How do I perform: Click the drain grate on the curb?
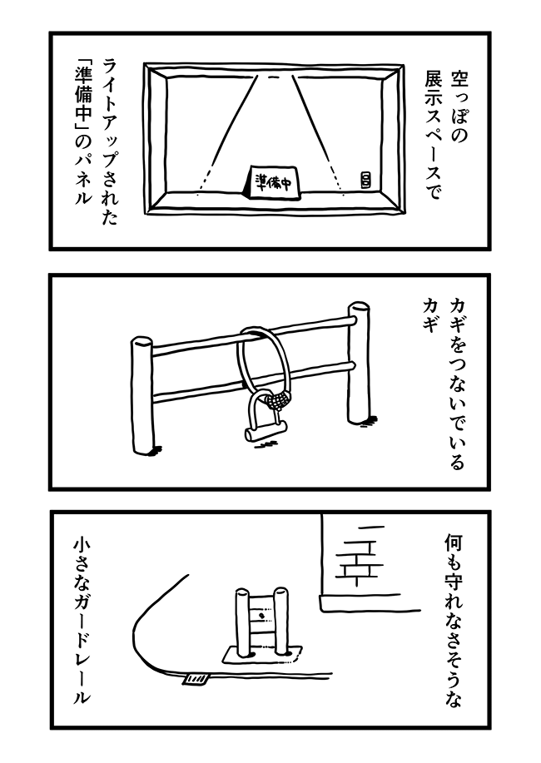[195, 681]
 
